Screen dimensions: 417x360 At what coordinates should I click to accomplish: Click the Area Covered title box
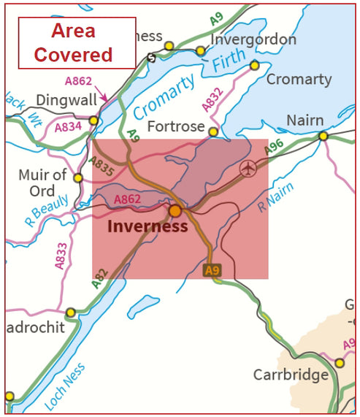[77, 43]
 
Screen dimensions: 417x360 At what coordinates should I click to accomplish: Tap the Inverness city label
[148, 226]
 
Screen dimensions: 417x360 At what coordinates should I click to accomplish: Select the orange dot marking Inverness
[175, 210]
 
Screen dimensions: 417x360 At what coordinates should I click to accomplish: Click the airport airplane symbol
[248, 169]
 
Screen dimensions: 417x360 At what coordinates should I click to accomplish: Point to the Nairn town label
[305, 120]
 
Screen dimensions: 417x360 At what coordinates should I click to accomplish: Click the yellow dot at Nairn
[323, 136]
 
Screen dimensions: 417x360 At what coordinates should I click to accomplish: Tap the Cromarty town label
[299, 79]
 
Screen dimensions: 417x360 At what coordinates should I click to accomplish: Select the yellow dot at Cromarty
[255, 66]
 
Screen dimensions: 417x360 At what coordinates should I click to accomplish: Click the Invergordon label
[253, 39]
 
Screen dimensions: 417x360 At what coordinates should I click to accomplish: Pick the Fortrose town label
[176, 126]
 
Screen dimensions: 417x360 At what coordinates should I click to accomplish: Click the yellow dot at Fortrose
[213, 132]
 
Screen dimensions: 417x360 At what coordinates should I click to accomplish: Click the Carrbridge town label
[290, 375]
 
